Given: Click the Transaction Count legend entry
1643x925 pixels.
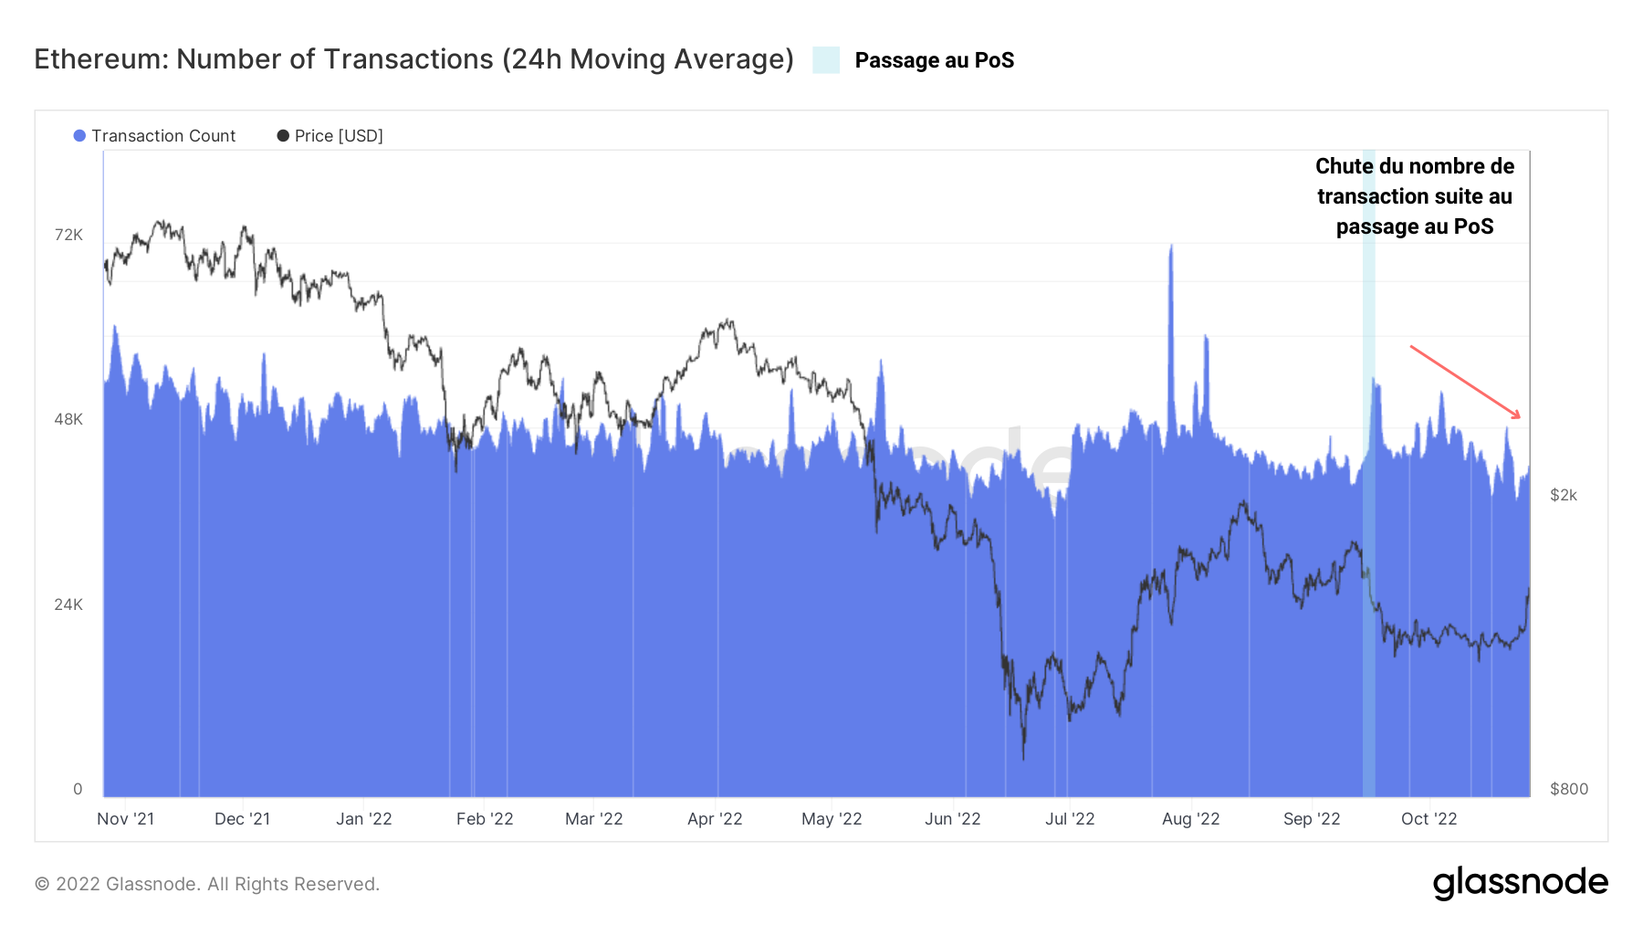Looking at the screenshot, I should coord(154,136).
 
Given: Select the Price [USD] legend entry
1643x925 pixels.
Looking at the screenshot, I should coord(330,136).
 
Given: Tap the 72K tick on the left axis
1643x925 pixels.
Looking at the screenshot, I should coord(68,236).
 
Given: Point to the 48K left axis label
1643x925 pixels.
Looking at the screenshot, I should coord(68,420).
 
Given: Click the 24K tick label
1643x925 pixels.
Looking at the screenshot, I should coord(68,604).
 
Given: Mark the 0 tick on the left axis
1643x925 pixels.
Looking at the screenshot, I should coord(78,789).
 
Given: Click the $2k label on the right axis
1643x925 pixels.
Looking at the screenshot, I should coord(1563,495).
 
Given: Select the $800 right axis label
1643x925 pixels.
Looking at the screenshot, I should coord(1568,789).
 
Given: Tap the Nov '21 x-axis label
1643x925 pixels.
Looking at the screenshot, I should coord(125,819).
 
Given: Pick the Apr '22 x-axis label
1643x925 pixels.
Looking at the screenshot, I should coord(715,819).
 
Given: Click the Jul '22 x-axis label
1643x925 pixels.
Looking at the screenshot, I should coord(1070,819).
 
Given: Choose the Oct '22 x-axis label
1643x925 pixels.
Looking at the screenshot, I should coord(1428,819).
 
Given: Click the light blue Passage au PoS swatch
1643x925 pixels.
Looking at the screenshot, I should coord(826,60).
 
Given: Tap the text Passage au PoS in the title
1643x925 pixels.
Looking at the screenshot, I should coord(934,60).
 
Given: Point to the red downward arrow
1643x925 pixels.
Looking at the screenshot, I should coord(1465,382).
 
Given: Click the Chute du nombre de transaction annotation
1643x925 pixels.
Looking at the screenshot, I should coord(1414,196).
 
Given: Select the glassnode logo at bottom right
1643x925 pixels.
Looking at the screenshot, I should coord(1520,882).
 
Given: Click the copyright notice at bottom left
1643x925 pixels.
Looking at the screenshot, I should coord(206,884).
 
